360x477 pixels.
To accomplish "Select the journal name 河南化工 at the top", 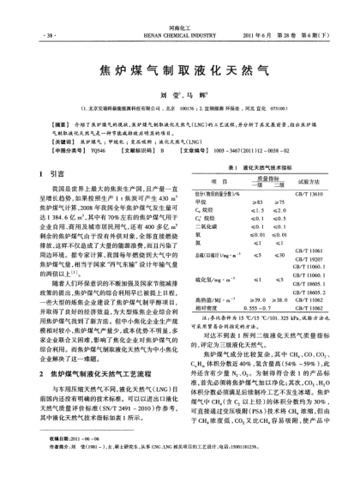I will coord(178,5).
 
